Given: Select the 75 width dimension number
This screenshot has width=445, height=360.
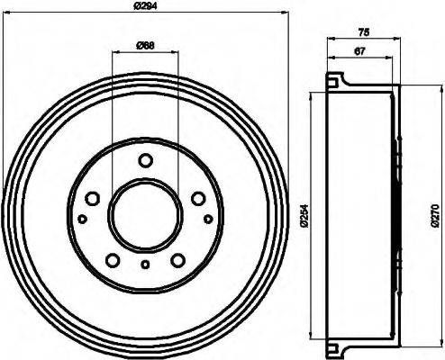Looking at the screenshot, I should pos(363,31).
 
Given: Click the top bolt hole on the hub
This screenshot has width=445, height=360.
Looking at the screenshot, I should pos(145,161).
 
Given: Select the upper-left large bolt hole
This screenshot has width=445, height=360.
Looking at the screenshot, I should pos(91,199).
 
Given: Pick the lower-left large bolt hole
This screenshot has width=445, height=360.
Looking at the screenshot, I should pos(113,260).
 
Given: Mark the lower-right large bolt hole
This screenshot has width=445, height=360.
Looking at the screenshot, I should pos(177,260).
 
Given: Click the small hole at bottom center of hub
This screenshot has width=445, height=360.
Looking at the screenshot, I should pos(145,264).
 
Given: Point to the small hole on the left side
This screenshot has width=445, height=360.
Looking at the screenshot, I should pos(82,219).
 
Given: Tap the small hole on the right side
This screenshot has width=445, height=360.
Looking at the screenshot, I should pos(208,219).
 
